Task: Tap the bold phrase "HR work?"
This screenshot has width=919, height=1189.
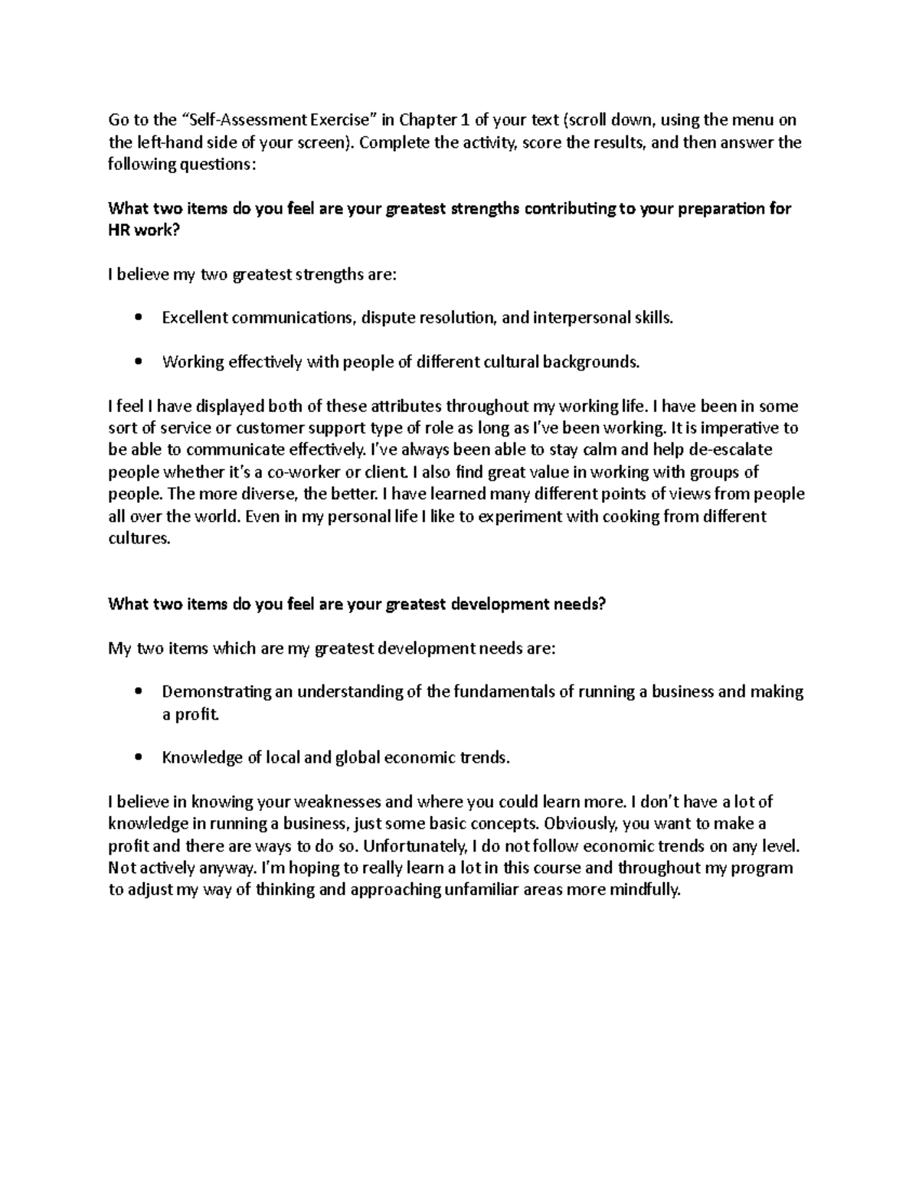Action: pos(143,230)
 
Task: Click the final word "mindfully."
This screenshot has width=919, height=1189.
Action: pos(642,890)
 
